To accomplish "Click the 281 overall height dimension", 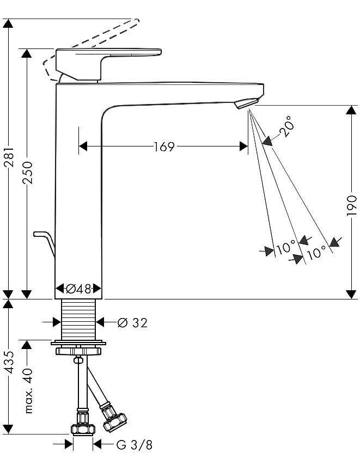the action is [x=10, y=157].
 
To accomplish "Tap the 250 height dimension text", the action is [x=27, y=173].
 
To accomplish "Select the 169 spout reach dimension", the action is [x=164, y=147].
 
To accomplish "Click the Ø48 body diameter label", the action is [x=78, y=289].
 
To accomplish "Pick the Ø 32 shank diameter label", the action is [x=132, y=323].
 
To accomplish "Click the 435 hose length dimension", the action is [x=10, y=362].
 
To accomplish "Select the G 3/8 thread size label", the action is [x=135, y=445].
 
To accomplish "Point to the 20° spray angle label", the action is [x=285, y=126].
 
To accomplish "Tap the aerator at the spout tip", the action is [x=246, y=103].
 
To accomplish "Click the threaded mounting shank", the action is [x=79, y=320].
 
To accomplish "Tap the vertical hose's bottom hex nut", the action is [x=83, y=430].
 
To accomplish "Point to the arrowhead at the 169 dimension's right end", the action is [x=243, y=146].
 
